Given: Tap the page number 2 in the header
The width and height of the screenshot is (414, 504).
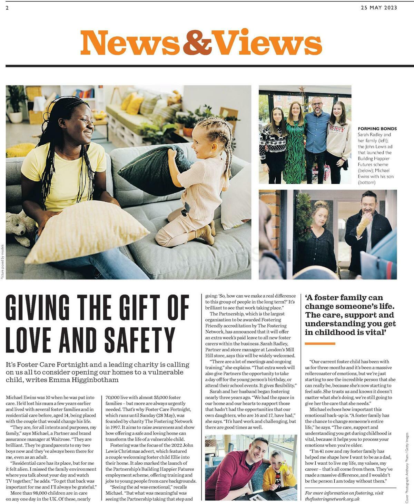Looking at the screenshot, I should (7, 8).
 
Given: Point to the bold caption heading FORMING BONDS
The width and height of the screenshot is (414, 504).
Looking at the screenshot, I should (377, 128).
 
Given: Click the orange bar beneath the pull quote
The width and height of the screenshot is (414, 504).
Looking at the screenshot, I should (320, 343).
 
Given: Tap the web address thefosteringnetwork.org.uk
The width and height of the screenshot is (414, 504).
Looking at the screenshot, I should (332, 499).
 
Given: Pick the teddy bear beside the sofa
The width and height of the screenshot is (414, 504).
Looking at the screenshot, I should (20, 227).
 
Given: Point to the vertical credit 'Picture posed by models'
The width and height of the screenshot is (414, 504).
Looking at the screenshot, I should (3, 262).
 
